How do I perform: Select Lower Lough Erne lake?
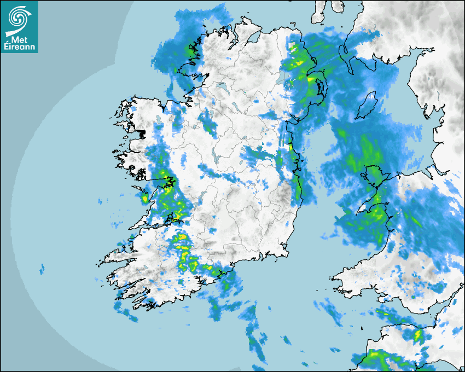(222, 86)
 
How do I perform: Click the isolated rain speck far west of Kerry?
(42, 268)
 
